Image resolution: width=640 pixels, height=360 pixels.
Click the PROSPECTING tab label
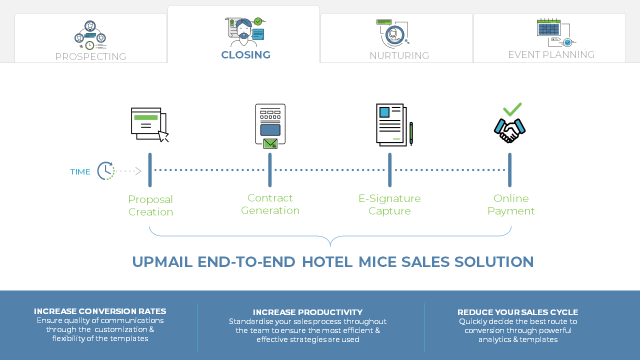[90, 56]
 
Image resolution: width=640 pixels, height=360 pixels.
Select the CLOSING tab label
[245, 55]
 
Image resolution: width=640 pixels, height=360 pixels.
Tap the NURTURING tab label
[399, 55]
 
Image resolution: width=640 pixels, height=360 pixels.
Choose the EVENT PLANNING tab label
[551, 54]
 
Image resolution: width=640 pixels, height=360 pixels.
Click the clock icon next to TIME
[105, 171]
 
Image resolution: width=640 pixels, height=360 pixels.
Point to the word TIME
[80, 172]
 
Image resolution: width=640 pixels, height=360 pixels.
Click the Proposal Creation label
[150, 205]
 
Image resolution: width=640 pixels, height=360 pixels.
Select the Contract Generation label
[270, 204]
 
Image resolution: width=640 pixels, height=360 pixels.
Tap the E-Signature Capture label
[389, 204]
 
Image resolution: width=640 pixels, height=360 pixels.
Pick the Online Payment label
[511, 204]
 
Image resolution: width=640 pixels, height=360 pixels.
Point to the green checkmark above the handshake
[512, 109]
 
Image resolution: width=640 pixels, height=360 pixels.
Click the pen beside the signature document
[411, 133]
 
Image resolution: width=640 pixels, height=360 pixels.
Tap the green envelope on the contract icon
[270, 143]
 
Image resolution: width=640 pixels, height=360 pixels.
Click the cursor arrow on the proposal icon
[163, 136]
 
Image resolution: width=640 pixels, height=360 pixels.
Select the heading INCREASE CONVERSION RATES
[100, 311]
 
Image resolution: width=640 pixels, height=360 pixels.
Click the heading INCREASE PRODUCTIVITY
[307, 312]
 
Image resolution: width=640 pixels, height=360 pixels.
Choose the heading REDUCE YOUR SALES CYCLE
[517, 312]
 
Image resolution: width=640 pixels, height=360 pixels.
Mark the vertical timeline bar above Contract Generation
[270, 170]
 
